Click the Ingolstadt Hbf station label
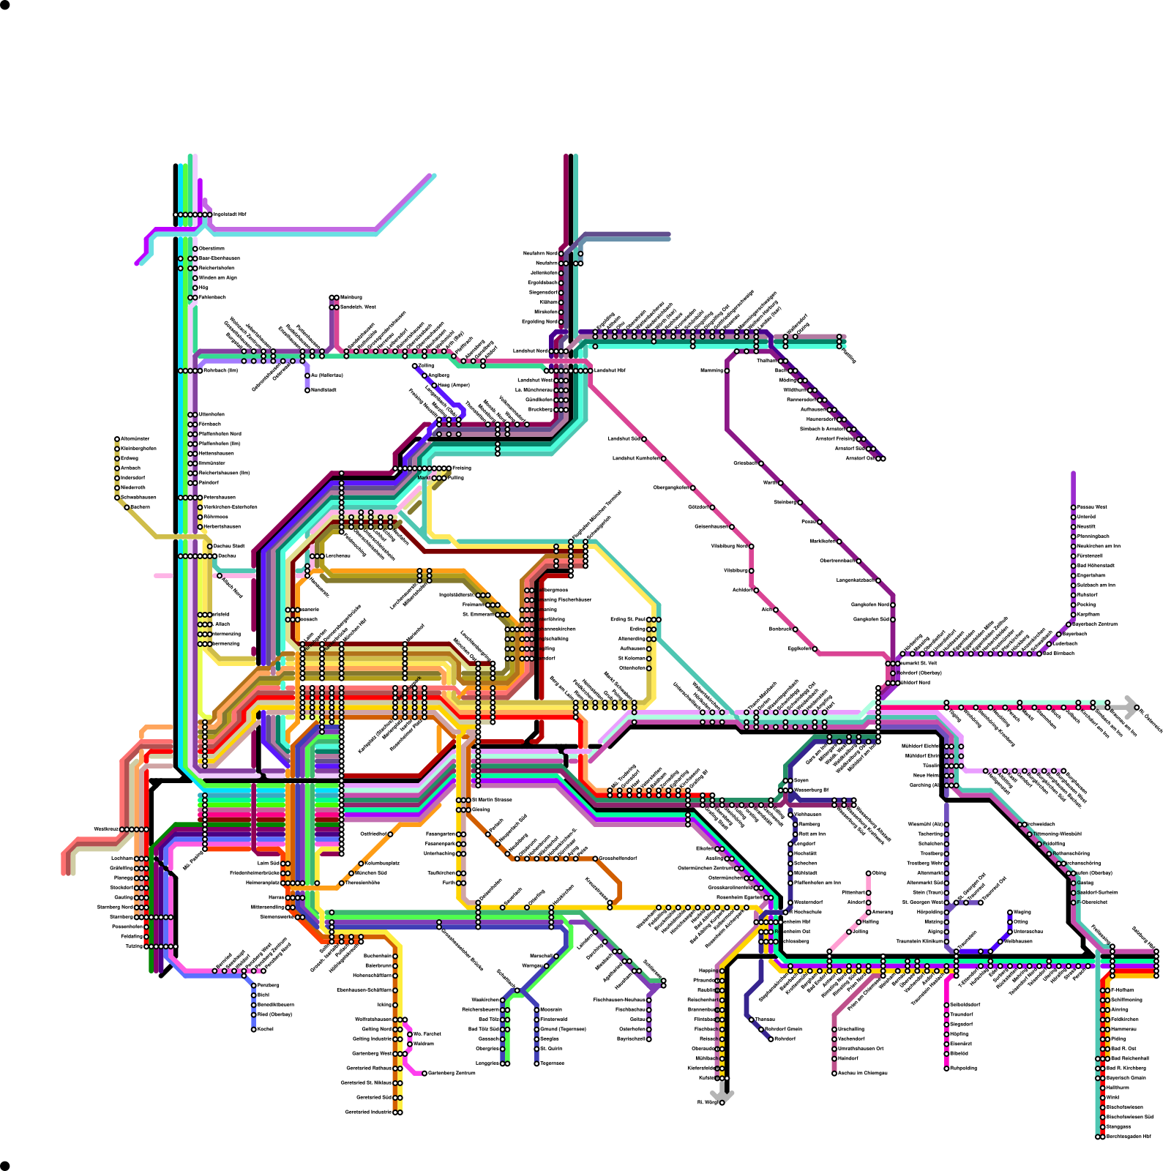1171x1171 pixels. pyautogui.click(x=230, y=214)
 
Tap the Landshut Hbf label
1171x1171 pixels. pyautogui.click(x=610, y=370)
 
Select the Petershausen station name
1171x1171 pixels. pyautogui.click(x=220, y=498)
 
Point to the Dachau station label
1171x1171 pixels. pyautogui.click(x=226, y=555)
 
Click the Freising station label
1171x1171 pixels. pyautogui.click(x=462, y=468)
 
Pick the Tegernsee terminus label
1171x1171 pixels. pyautogui.click(x=552, y=1063)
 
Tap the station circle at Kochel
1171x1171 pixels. pyautogui.click(x=254, y=1029)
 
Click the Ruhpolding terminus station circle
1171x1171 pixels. pyautogui.click(x=946, y=1068)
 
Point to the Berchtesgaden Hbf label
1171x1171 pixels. pyautogui.click(x=1128, y=1137)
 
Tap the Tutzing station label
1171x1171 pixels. pyautogui.click(x=134, y=946)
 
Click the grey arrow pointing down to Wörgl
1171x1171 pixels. pyautogui.click(x=722, y=1093)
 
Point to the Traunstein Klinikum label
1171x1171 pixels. pyautogui.click(x=919, y=941)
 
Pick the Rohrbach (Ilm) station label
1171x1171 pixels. pyautogui.click(x=220, y=370)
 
